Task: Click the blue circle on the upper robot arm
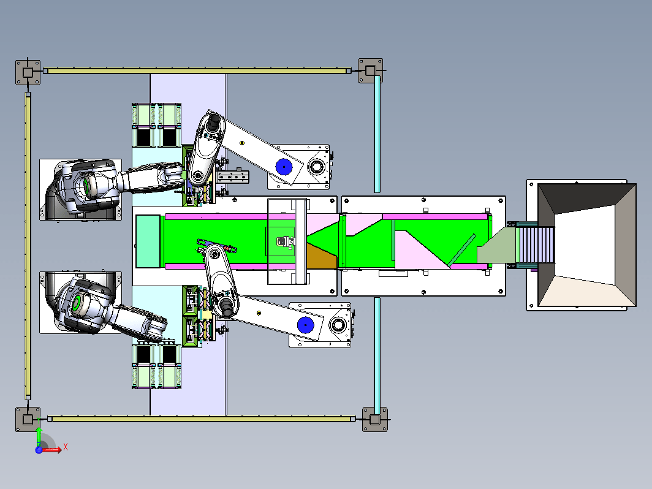[284, 167]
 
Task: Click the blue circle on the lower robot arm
[306, 325]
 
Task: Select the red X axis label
[66, 447]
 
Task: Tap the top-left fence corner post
[28, 72]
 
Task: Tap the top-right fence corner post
[370, 70]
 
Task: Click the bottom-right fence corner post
[374, 419]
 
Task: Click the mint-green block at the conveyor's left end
[148, 241]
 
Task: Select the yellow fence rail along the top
[197, 70]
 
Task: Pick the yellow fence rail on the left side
[28, 246]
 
